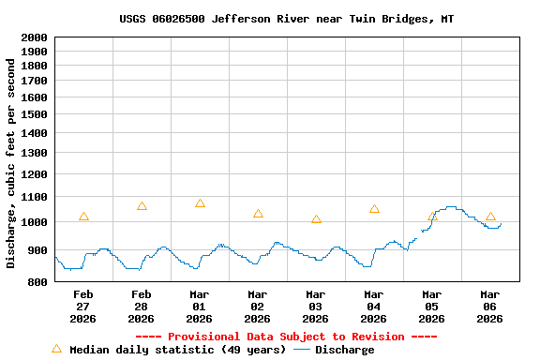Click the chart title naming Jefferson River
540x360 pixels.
click(286, 19)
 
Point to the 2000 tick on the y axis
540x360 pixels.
click(34, 37)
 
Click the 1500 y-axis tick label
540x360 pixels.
click(34, 114)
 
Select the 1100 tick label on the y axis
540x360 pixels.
click(34, 199)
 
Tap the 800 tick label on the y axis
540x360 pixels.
click(37, 282)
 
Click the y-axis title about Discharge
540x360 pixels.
click(11, 159)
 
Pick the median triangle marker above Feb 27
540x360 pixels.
click(83, 217)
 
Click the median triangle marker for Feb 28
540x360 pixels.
click(142, 205)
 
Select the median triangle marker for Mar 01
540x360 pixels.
click(200, 203)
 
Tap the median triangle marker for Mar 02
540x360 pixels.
click(258, 214)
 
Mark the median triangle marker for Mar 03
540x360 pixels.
click(316, 219)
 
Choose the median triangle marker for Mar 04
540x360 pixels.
click(374, 209)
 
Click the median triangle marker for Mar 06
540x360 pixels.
click(490, 217)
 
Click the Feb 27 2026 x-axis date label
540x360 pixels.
click(83, 307)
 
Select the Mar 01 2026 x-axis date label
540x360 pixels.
click(200, 307)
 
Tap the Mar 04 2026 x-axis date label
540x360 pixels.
click(374, 307)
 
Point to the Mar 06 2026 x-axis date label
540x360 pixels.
click(490, 307)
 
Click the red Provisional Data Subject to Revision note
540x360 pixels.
click(286, 337)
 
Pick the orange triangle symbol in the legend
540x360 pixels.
click(56, 349)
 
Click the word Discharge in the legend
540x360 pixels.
click(344, 350)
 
